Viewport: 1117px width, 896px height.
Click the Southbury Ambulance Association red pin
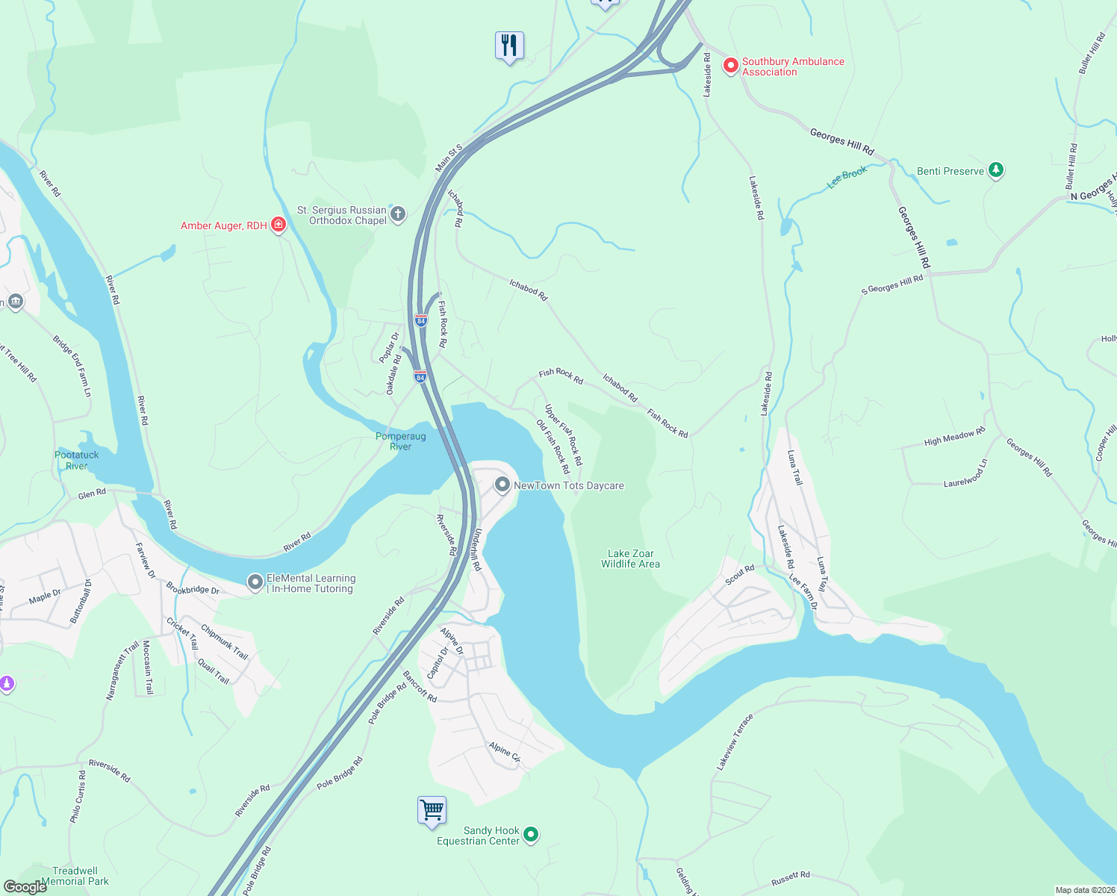[730, 66]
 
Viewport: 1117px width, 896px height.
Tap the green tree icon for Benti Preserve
[995, 170]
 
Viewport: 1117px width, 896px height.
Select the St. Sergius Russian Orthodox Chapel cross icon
[398, 214]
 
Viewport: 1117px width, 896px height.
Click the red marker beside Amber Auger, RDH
[279, 224]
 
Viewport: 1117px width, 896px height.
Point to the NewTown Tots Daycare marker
[503, 485]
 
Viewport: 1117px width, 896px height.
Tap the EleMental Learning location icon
[255, 582]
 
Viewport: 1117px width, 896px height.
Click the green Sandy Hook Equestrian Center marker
[531, 834]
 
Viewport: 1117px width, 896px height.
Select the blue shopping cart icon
[432, 809]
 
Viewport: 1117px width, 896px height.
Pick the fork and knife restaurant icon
[509, 46]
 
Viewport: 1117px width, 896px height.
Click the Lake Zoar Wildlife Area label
[630, 559]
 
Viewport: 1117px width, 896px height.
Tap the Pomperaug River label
[401, 441]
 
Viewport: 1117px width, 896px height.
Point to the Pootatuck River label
[76, 460]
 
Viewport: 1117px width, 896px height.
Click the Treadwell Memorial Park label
[75, 876]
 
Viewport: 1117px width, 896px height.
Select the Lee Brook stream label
[847, 177]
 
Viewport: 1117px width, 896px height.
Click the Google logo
[25, 887]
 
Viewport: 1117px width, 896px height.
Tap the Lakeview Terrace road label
[735, 742]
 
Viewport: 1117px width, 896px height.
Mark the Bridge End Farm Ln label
[72, 366]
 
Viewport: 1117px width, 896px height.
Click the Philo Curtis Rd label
[78, 797]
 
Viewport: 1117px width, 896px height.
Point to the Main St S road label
[449, 158]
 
